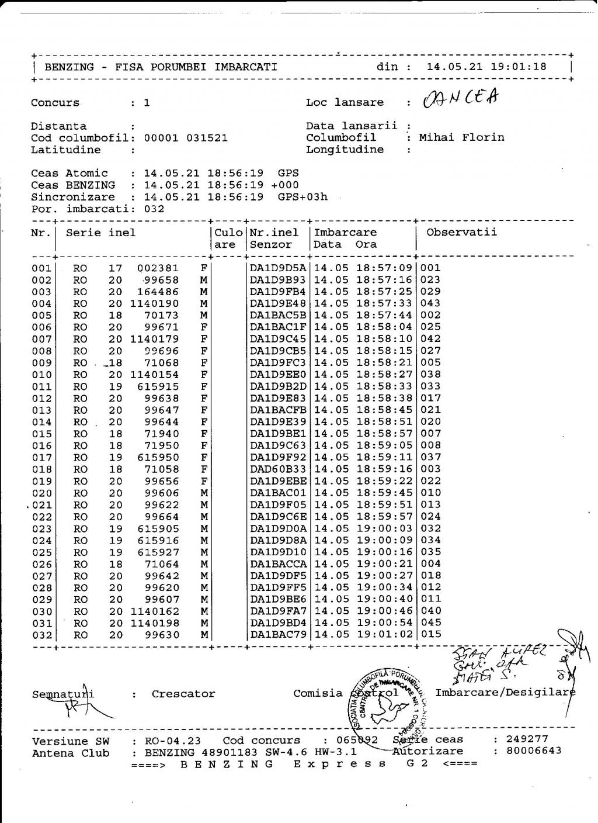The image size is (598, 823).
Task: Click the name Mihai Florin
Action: click(x=461, y=138)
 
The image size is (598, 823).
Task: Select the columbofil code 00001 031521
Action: click(x=186, y=138)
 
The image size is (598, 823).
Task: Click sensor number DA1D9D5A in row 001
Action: click(x=278, y=268)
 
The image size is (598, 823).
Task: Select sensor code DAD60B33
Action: click(x=278, y=469)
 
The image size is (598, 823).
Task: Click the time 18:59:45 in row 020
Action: click(x=384, y=493)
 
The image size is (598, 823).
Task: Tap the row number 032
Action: click(x=41, y=635)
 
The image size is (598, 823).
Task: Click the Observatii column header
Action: click(x=461, y=232)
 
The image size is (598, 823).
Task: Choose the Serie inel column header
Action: click(x=100, y=233)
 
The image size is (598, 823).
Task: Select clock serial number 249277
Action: click(x=527, y=739)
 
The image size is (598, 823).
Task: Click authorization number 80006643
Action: click(x=534, y=751)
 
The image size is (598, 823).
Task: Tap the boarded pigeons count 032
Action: click(x=154, y=209)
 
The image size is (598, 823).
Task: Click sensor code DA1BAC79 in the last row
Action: click(x=278, y=635)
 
